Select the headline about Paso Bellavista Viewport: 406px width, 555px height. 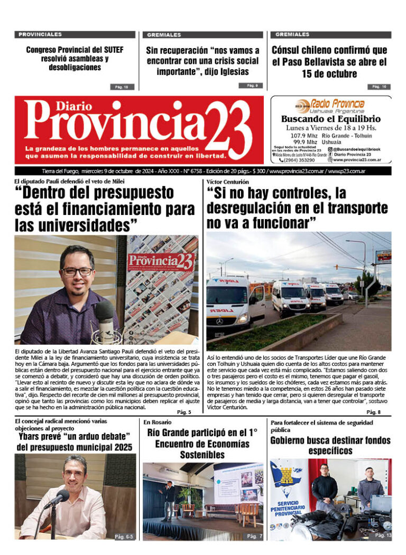coord(330,62)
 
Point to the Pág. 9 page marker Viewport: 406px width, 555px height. coord(252,86)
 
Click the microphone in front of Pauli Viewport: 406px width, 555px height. coord(104,315)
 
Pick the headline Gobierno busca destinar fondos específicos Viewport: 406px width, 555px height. coord(330,445)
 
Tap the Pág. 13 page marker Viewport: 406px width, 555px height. coord(383,535)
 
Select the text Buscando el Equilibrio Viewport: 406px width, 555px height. coord(331,119)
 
